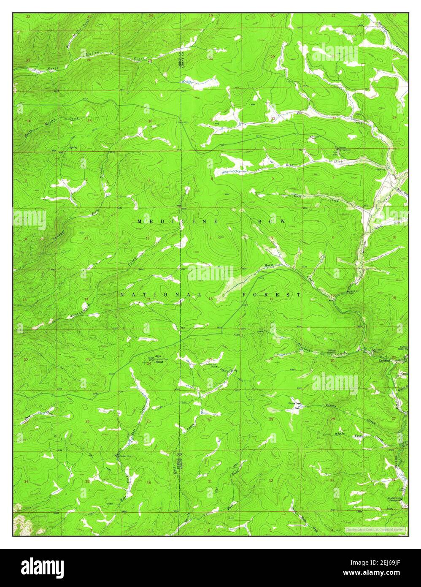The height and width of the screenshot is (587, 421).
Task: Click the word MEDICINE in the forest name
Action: click(x=177, y=222)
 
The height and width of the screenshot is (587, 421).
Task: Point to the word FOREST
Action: click(x=272, y=294)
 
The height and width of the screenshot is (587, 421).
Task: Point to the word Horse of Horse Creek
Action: click(x=269, y=265)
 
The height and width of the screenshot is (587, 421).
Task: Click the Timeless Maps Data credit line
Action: click(x=375, y=529)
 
